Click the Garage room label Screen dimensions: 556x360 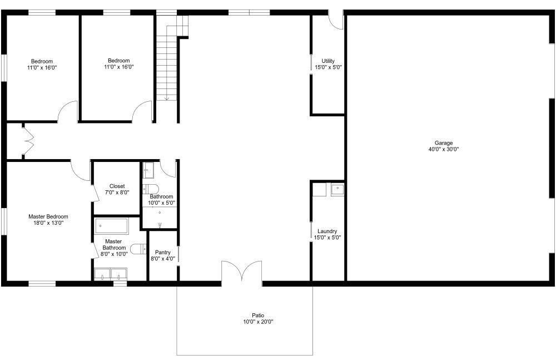[x=444, y=143]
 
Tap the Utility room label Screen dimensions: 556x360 [x=328, y=61]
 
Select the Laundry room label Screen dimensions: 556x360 [x=327, y=231]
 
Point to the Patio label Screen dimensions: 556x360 [x=258, y=315]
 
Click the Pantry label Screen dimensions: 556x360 [x=163, y=253]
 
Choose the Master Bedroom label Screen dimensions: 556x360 [x=48, y=216]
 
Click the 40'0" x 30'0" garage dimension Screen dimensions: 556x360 [x=444, y=150]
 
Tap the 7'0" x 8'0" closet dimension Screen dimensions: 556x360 [x=117, y=193]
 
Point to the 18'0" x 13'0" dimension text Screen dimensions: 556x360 [x=48, y=223]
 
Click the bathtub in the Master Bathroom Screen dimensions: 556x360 [x=111, y=226]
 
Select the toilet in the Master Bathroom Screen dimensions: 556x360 [x=138, y=249]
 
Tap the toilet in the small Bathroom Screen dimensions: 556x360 [x=151, y=189]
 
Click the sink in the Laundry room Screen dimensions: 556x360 [x=337, y=189]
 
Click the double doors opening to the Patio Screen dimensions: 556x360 [x=242, y=271]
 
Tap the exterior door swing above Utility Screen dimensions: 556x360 [x=335, y=20]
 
